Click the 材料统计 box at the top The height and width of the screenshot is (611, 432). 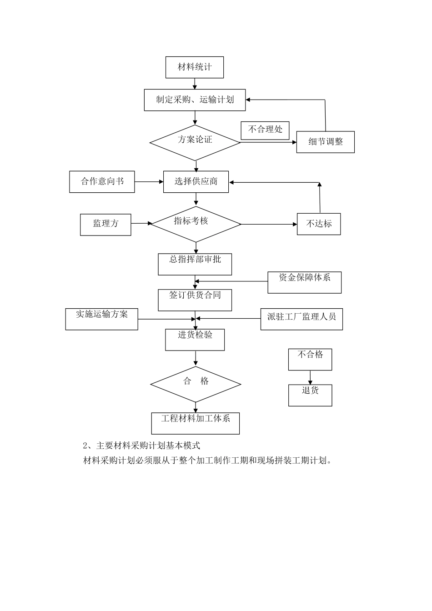pyautogui.click(x=195, y=67)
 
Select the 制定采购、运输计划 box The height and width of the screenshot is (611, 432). pyautogui.click(x=195, y=100)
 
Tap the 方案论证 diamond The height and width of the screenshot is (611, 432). pyautogui.click(x=195, y=142)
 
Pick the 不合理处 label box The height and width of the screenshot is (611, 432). pyautogui.click(x=265, y=130)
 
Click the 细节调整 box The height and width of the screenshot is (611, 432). pyautogui.click(x=326, y=142)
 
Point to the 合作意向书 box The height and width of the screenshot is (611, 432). pyautogui.click(x=102, y=182)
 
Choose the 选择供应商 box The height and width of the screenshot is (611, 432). pyautogui.click(x=196, y=182)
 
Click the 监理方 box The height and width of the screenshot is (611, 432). pyautogui.click(x=105, y=225)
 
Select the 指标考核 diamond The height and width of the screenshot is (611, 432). pyautogui.click(x=195, y=224)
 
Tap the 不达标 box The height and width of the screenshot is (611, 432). pyautogui.click(x=319, y=224)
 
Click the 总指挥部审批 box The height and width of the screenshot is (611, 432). pyautogui.click(x=195, y=264)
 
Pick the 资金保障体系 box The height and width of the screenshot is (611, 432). pyautogui.click(x=304, y=282)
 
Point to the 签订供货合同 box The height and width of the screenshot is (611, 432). pyautogui.click(x=195, y=300)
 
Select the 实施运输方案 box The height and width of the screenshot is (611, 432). pyautogui.click(x=102, y=319)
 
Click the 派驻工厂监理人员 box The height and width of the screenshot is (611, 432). pyautogui.click(x=301, y=319)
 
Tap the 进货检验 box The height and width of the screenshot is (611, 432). pyautogui.click(x=195, y=340)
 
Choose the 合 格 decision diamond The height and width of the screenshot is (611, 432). pyautogui.click(x=196, y=385)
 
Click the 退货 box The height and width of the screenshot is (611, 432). pyautogui.click(x=310, y=395)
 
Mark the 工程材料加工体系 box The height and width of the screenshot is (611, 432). pyautogui.click(x=196, y=423)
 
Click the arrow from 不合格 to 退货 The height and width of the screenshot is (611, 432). pyautogui.click(x=310, y=377)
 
